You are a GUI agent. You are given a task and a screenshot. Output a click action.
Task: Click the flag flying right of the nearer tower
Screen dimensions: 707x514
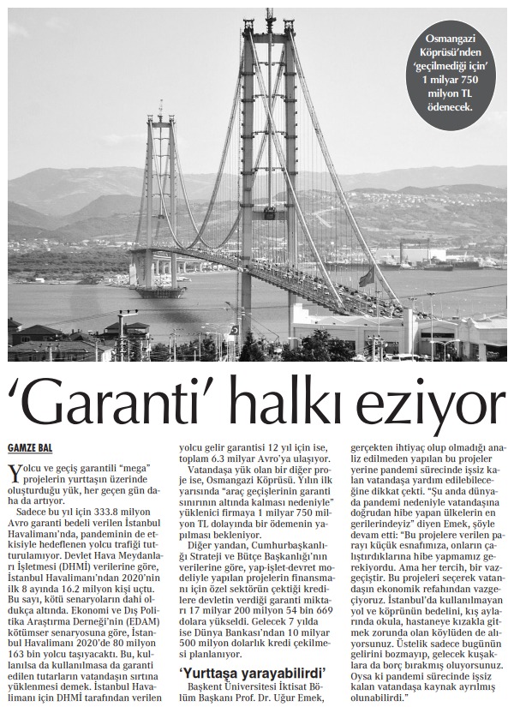tap(367, 277)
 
